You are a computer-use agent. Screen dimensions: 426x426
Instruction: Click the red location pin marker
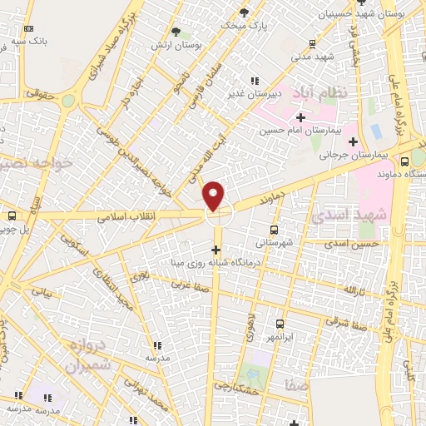(x=215, y=196)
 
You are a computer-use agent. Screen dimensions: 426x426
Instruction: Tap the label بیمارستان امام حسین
(x=288, y=130)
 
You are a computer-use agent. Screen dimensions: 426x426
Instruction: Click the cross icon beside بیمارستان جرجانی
(x=354, y=141)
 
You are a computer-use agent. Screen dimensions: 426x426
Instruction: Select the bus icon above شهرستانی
(x=273, y=230)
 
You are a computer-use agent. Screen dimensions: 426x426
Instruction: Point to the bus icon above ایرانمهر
(x=279, y=324)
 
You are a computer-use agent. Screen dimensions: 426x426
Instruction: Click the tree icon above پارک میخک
(x=244, y=12)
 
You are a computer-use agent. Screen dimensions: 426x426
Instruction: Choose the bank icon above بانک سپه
(x=29, y=28)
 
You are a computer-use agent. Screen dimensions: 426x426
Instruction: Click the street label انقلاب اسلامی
(x=123, y=215)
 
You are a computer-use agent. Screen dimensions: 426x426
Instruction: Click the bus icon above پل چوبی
(x=12, y=215)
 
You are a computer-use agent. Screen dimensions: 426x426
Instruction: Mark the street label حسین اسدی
(x=353, y=244)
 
